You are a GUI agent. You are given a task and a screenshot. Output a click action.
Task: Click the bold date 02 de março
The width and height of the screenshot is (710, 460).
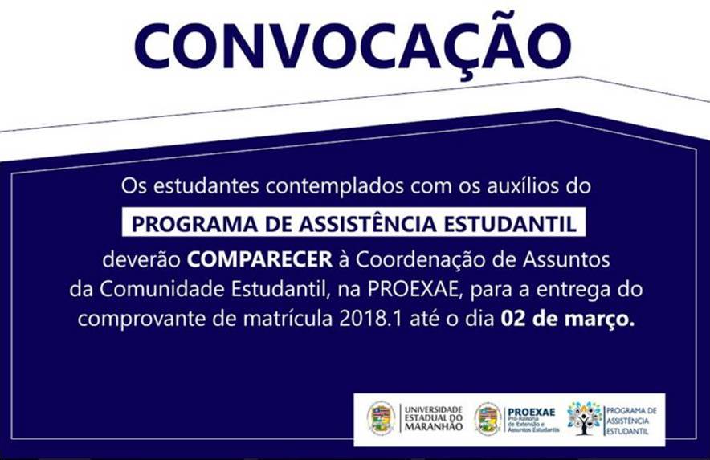(567, 318)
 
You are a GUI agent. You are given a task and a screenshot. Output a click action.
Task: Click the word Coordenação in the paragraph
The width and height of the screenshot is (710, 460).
(418, 261)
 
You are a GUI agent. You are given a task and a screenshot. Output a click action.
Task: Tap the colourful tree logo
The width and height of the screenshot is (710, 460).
(585, 418)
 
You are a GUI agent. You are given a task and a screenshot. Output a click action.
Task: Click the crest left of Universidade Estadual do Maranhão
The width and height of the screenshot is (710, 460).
(382, 418)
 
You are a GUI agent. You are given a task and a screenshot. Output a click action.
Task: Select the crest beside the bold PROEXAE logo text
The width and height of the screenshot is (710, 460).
(488, 418)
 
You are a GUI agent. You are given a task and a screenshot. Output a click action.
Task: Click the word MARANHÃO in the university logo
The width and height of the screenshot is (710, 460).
(433, 427)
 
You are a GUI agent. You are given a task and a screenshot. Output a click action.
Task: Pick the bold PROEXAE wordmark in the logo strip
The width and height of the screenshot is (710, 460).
(531, 412)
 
